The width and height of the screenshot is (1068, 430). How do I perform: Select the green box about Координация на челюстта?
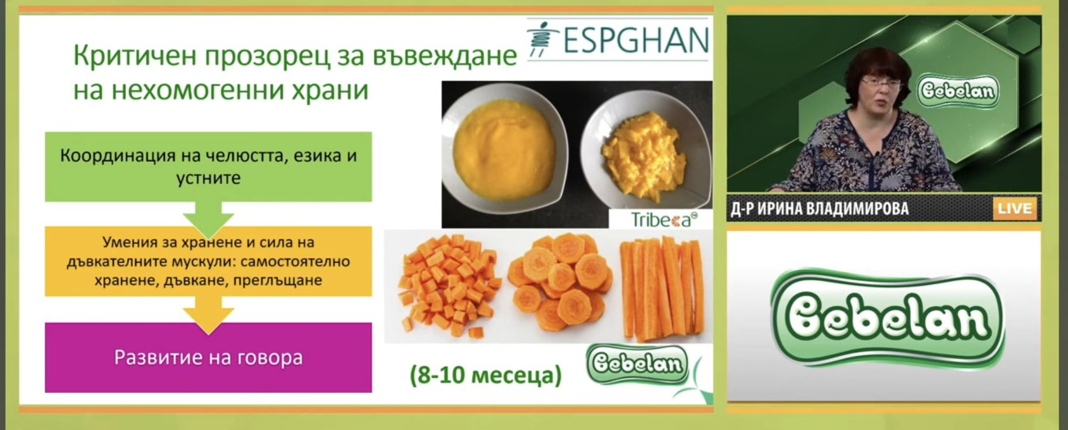point(208,167)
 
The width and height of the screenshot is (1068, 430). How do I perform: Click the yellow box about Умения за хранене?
point(208,261)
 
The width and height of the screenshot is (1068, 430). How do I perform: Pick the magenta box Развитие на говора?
point(208,358)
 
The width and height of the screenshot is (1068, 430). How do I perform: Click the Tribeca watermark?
point(663,219)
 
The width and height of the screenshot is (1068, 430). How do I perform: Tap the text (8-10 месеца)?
point(486,375)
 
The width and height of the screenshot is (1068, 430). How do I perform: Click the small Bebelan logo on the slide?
point(638,365)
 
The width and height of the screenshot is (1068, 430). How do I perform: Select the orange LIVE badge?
point(1015,209)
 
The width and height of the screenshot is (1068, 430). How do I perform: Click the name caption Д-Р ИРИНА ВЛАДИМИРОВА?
point(820,209)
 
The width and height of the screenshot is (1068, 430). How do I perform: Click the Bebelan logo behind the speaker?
point(958,90)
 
